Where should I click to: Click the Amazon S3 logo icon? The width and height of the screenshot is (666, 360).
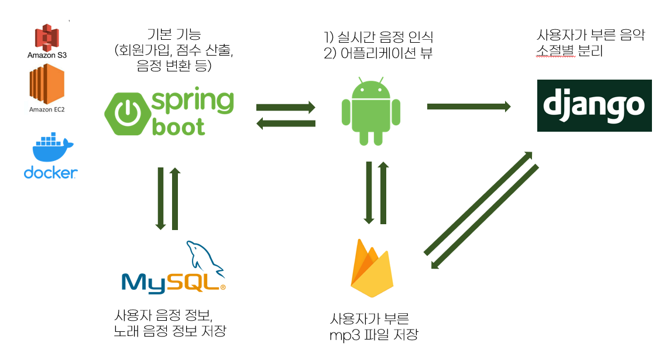pyautogui.click(x=47, y=37)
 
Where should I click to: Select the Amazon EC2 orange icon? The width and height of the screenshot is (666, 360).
pyautogui.click(x=47, y=84)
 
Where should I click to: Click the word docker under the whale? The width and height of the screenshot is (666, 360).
pyautogui.click(x=51, y=172)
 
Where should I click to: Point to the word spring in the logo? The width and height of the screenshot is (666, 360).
pyautogui.click(x=192, y=101)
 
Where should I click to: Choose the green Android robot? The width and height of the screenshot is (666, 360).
pyautogui.click(x=370, y=111)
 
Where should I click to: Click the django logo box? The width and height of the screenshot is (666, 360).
pyautogui.click(x=594, y=105)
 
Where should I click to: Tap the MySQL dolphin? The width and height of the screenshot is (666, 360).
pyautogui.click(x=204, y=258)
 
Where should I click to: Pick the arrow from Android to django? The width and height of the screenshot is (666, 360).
pyautogui.click(x=469, y=107)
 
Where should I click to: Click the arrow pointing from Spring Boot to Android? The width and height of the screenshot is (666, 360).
pyautogui.click(x=286, y=107)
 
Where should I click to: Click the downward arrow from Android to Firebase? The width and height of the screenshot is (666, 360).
pyautogui.click(x=369, y=193)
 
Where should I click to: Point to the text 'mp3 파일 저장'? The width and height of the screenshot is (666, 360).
pyautogui.click(x=375, y=335)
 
